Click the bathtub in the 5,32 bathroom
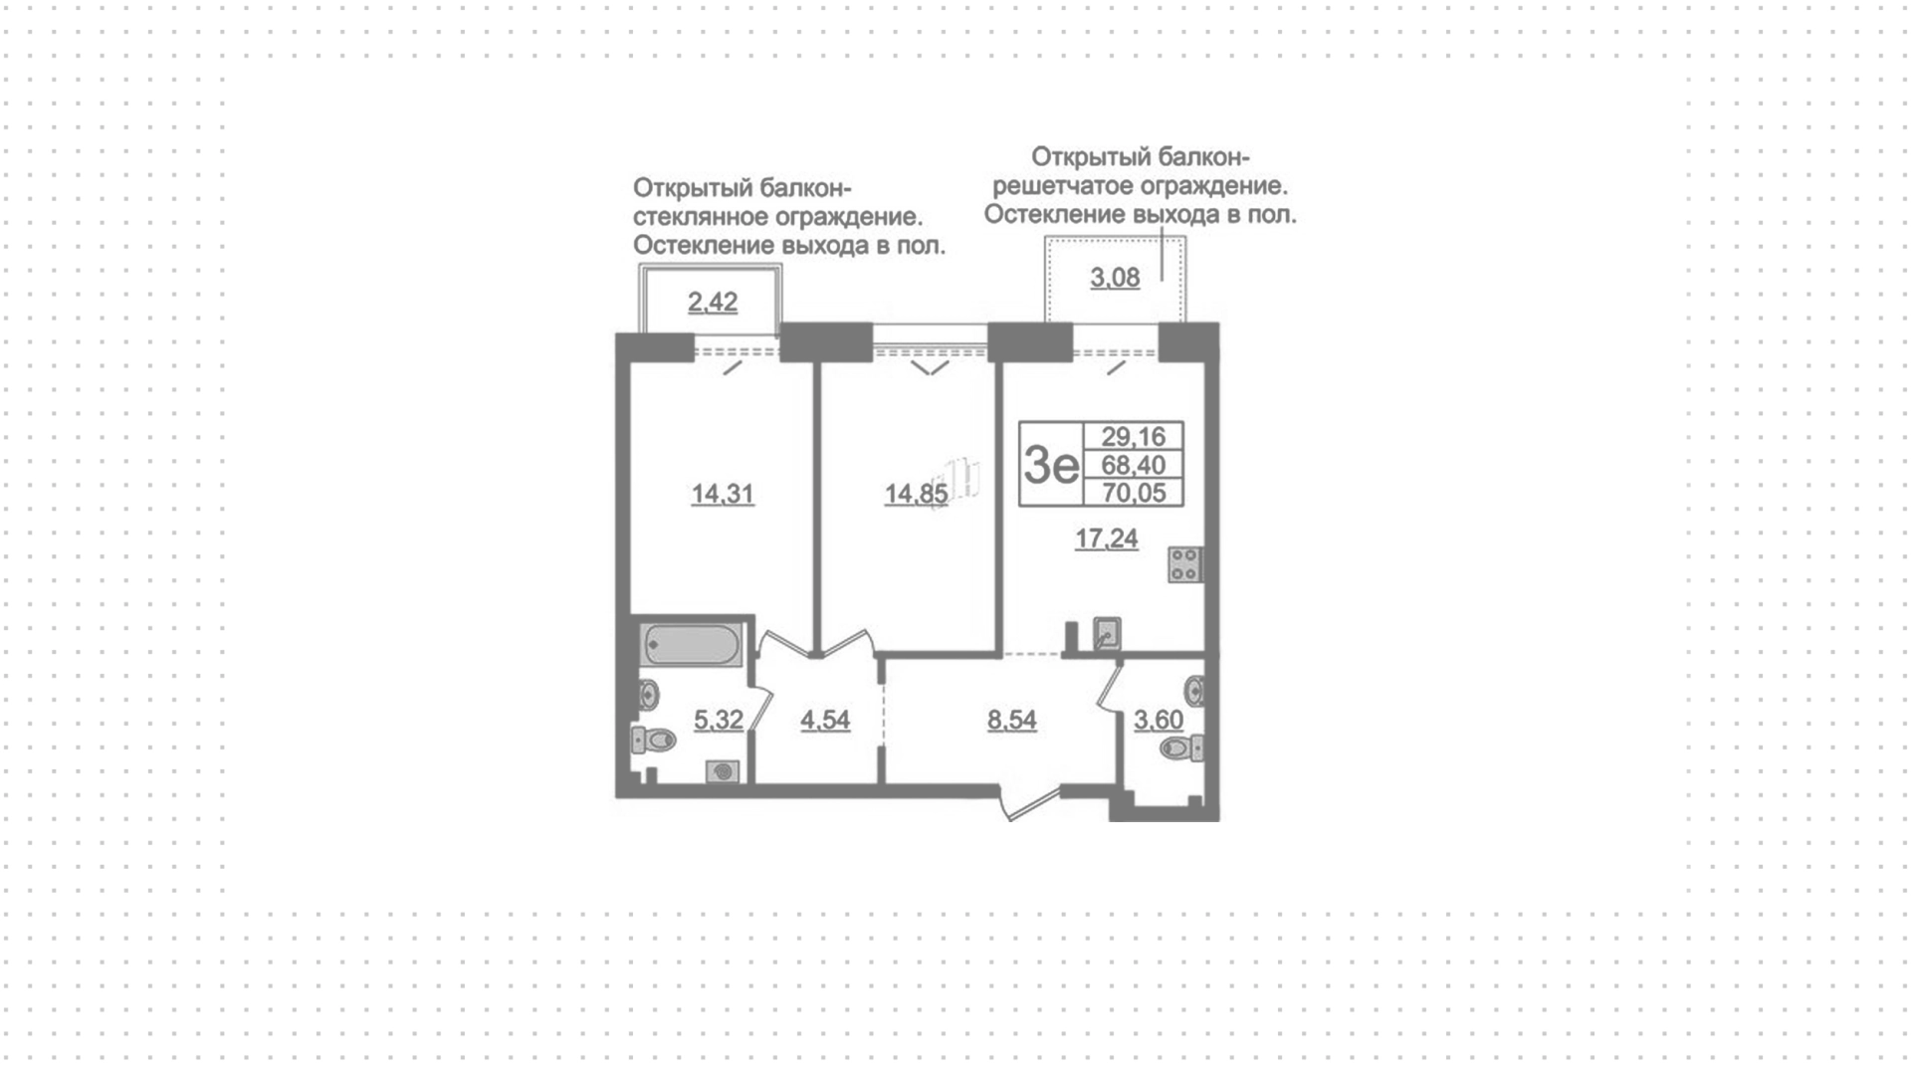click(691, 645)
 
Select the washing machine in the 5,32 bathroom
click(723, 771)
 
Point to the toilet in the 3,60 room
click(1184, 748)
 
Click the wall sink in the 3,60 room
click(1195, 689)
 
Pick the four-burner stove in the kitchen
click(1185, 564)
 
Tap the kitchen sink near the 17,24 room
click(1107, 634)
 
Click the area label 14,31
click(723, 494)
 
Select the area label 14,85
click(917, 494)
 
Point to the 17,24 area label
click(1107, 539)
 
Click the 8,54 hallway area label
click(1012, 720)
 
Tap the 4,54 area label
click(825, 720)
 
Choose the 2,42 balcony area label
click(713, 302)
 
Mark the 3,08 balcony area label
click(1115, 278)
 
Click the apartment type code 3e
click(1051, 464)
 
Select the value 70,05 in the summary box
click(1134, 493)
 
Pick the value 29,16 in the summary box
click(1134, 436)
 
